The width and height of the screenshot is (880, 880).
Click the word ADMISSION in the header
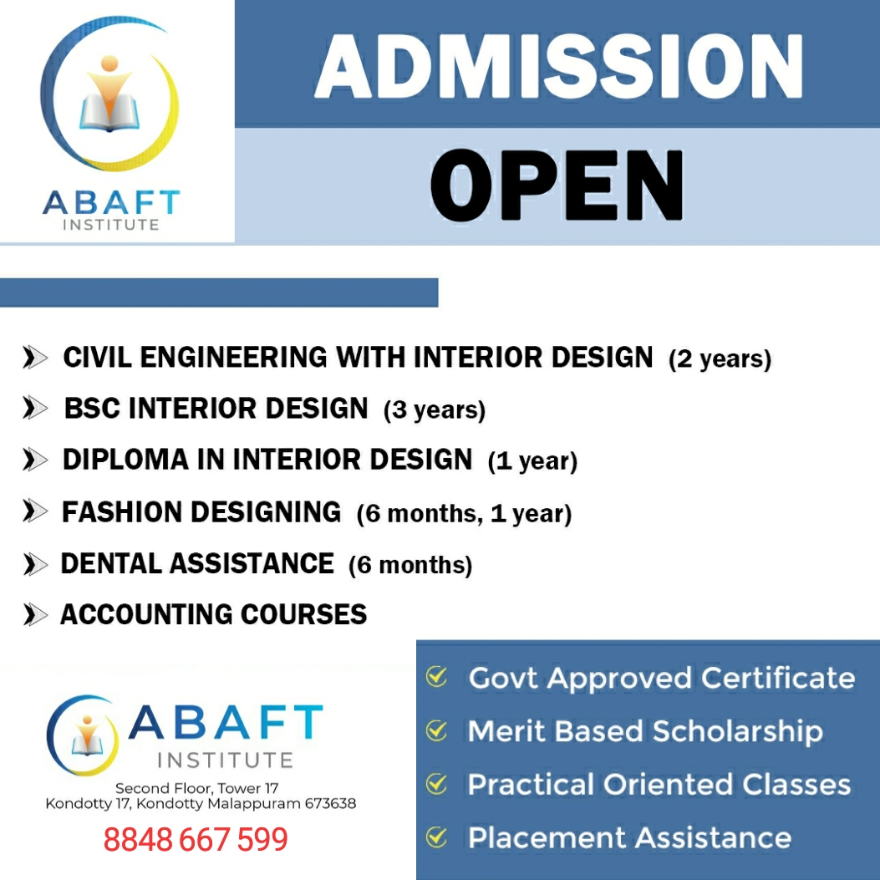559,66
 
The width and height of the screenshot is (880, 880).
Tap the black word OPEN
557,185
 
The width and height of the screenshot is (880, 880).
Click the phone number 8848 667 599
196,840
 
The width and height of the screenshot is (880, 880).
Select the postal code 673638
331,804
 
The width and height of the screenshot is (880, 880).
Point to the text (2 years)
720,359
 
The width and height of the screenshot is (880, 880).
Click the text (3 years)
435,409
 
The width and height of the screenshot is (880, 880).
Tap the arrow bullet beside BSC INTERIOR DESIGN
35,408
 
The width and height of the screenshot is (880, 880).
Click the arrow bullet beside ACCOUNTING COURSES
35,614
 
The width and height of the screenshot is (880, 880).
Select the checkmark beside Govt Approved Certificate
436,677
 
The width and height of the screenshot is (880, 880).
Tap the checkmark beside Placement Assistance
436,837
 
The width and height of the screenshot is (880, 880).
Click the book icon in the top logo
109,112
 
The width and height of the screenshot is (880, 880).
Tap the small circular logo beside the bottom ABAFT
83,735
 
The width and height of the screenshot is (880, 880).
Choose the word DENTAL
111,563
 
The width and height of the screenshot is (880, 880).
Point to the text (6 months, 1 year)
464,513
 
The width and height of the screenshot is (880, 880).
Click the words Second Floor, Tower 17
196,788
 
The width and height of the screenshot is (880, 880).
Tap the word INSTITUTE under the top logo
111,225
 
